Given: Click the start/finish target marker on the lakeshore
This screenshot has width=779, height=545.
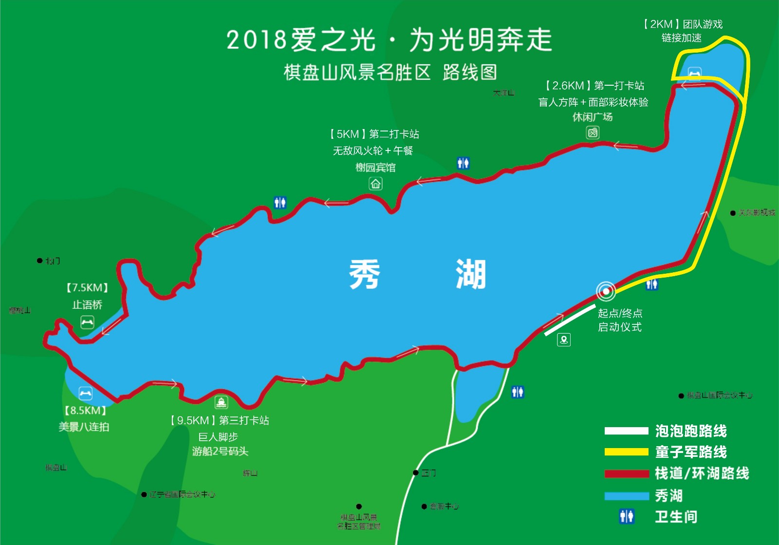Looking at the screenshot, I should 605,292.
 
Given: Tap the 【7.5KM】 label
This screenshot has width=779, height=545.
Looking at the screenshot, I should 87,288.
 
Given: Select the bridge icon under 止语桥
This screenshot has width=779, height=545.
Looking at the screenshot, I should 87,322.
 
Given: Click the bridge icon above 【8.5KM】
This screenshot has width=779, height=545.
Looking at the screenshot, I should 85,393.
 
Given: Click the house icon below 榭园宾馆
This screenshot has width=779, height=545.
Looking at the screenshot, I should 375,184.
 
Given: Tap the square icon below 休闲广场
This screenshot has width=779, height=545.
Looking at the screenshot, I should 593,132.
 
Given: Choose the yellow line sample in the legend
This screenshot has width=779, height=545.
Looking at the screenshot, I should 626,452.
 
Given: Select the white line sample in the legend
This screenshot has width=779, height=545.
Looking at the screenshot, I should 626,431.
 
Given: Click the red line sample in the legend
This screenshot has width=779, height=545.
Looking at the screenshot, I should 626,473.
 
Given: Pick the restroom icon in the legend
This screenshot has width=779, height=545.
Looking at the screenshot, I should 627,516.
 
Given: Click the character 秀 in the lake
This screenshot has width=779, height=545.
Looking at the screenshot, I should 365,275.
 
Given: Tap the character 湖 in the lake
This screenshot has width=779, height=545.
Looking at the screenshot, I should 471,275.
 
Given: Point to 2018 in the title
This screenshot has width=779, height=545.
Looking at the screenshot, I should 256,40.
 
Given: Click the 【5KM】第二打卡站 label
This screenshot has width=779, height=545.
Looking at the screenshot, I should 374,134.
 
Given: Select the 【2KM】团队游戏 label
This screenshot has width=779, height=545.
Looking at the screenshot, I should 682,24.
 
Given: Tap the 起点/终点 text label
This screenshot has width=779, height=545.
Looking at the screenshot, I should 620,313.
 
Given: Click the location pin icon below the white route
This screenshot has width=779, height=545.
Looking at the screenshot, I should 564,339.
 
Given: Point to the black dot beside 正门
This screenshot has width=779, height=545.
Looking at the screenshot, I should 415,473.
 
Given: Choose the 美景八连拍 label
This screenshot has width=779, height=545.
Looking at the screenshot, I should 84,427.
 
